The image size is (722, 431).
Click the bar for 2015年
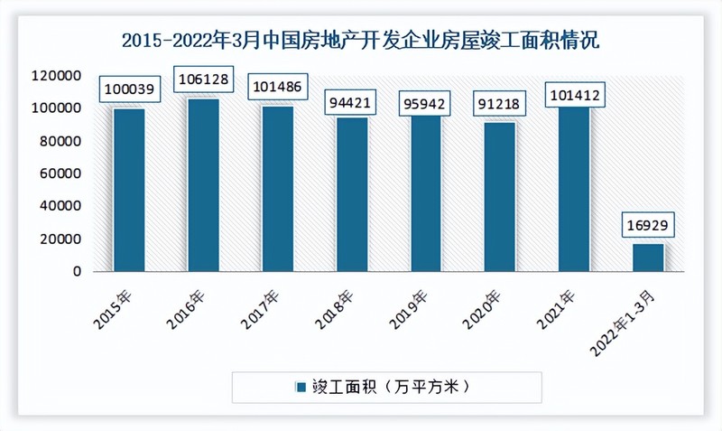129,190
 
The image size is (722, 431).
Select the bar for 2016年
203,184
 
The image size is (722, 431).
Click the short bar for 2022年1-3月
648,258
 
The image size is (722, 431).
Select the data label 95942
426,100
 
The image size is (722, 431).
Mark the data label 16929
648,223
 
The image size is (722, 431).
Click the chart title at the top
361,41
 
